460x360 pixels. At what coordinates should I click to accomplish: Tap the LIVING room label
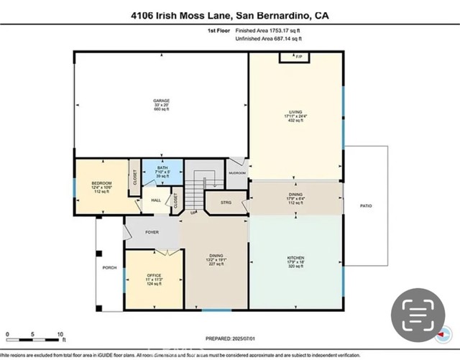tap(293, 113)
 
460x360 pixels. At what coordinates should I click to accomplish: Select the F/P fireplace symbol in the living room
tap(290, 56)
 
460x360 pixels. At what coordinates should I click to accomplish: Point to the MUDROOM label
tap(238, 173)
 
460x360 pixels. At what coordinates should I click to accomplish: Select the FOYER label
tap(152, 232)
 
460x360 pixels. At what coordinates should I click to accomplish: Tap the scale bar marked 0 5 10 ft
tap(34, 336)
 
